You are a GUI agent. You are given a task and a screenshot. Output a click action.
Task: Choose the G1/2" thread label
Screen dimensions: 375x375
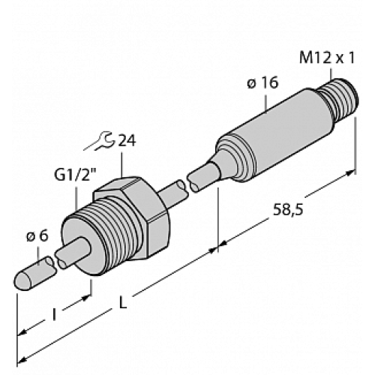pyautogui.click(x=72, y=177)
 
